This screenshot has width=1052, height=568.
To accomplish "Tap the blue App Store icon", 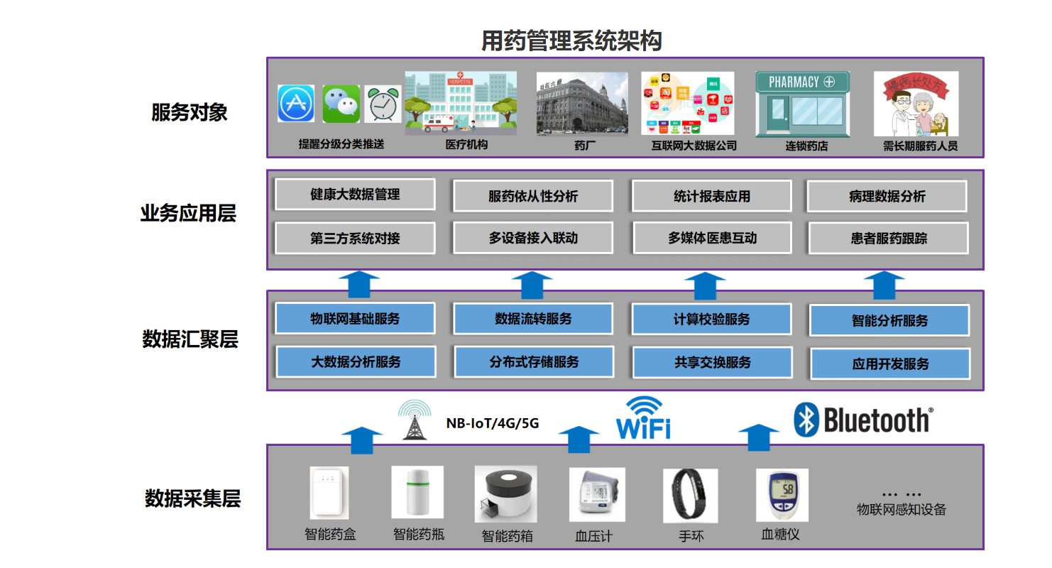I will pos(296,104).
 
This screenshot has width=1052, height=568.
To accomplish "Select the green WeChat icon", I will pos(341,104).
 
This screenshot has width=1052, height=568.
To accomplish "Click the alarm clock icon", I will pos(383,104).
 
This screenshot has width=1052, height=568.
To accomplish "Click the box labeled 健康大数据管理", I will pos(355,195).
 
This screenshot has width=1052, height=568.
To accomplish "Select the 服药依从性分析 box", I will pos(533,197).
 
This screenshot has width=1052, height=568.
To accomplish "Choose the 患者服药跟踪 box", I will pos(888,239).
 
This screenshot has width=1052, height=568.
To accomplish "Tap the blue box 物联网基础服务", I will pos(355,319).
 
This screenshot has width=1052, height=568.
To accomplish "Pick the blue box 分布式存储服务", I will pos(533,362).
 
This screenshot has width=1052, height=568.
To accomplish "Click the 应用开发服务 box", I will pos(890,364).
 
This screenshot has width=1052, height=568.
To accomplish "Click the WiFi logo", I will pos(643,419).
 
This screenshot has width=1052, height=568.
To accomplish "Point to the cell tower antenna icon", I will pos(414,420).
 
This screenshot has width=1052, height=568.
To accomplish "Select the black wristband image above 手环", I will pos(690,496).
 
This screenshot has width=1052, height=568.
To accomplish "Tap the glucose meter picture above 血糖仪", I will pos(782,495).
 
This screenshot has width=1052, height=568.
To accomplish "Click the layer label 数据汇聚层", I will pos(190,339).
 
